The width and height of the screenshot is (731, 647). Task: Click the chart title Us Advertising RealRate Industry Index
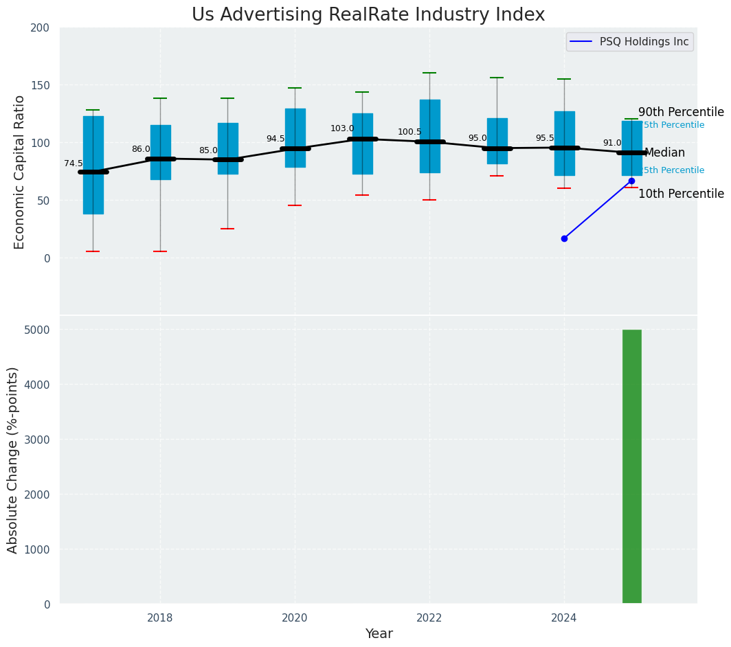point(368,15)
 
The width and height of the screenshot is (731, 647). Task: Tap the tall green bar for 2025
point(631,466)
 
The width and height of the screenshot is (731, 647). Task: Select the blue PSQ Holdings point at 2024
point(564,238)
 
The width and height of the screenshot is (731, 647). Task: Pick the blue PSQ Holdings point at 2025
point(631,181)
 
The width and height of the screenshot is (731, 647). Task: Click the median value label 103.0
point(342,128)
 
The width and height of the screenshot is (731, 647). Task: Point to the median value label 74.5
point(74,163)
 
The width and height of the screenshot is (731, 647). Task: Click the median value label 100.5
point(409,132)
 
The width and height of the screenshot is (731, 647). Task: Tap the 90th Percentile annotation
point(681,112)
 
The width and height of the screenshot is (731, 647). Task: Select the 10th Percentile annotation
point(681,194)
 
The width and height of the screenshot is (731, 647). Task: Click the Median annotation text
point(664,152)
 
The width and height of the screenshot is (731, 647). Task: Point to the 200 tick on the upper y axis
point(40,27)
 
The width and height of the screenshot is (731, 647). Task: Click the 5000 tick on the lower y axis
point(37,330)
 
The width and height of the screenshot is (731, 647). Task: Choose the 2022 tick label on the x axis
point(429,617)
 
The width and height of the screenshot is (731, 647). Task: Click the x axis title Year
point(379,634)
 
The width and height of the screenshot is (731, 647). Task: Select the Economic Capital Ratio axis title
point(19,172)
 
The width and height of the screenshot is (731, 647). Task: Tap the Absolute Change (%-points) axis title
point(12,459)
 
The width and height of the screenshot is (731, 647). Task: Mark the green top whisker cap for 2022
point(429,73)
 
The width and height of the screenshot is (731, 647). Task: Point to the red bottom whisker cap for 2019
point(227,229)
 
